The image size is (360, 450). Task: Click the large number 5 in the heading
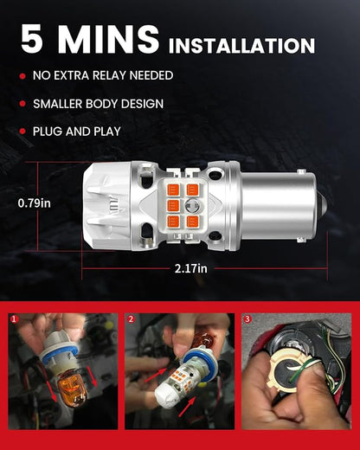pyautogui.click(x=32, y=39)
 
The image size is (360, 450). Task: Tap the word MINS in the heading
pyautogui.click(x=108, y=39)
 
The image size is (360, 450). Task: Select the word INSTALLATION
pyautogui.click(x=241, y=46)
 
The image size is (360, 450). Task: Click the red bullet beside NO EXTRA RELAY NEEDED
pyautogui.click(x=22, y=76)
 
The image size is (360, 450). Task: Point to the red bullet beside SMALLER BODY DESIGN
pyautogui.click(x=22, y=104)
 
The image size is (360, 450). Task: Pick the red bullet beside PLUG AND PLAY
pyautogui.click(x=22, y=132)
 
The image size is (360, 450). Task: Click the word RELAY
pyautogui.click(x=109, y=75)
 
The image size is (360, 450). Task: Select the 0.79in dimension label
pyautogui.click(x=34, y=203)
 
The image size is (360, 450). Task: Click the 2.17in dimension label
pyautogui.click(x=190, y=268)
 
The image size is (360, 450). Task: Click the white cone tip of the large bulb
pyautogui.click(x=106, y=206)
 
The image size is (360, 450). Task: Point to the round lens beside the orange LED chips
pyautogui.click(x=192, y=205)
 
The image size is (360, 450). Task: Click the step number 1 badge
pyautogui.click(x=14, y=318)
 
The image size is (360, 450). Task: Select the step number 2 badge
pyautogui.click(x=131, y=318)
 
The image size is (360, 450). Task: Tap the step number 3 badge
pyautogui.click(x=247, y=318)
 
